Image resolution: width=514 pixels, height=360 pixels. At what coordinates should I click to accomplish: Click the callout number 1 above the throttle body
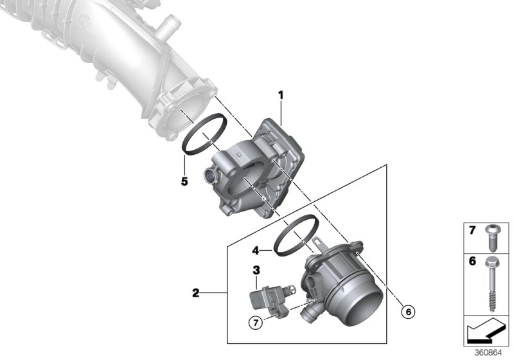[x=281, y=96]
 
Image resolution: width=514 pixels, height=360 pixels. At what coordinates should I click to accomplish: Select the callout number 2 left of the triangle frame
[x=195, y=294]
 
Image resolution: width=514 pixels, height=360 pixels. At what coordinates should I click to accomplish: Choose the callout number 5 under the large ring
[x=184, y=181]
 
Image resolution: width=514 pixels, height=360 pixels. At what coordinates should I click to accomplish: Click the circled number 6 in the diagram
[x=405, y=312]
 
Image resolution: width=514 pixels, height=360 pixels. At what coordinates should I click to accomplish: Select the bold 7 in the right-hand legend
[x=472, y=230]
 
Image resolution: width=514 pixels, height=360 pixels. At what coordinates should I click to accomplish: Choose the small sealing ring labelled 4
[x=297, y=237]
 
